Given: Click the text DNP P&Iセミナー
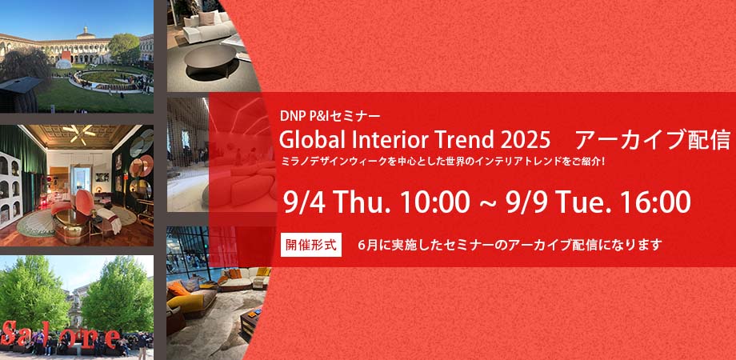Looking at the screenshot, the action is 330,115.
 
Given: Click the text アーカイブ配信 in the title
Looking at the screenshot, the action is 653,139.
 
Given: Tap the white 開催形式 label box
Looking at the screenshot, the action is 311,245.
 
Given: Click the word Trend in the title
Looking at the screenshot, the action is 461,139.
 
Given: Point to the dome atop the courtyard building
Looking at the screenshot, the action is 86,34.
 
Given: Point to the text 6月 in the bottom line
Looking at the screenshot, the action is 367,245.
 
